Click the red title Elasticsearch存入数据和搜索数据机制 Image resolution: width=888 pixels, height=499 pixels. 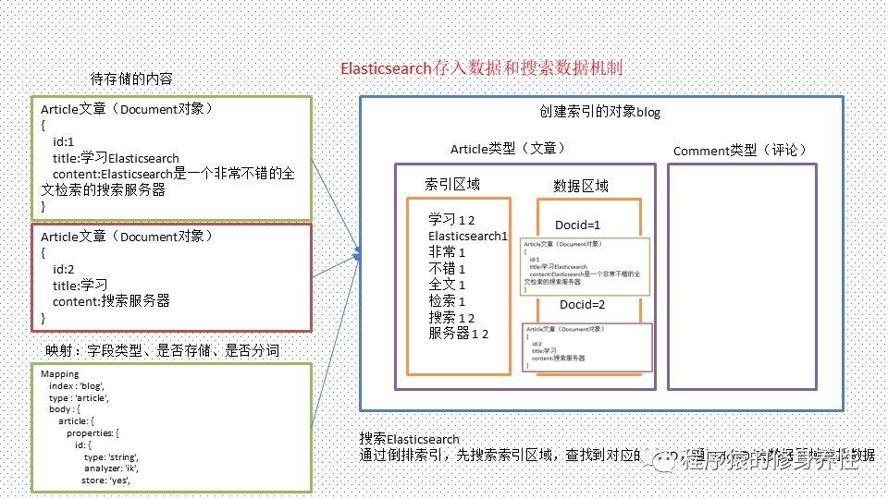487,69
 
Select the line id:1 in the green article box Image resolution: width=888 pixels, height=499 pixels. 65,142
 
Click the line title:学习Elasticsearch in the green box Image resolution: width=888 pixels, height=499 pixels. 117,158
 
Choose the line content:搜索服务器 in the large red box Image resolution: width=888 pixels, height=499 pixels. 112,301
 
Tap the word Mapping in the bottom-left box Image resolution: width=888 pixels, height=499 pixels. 61,373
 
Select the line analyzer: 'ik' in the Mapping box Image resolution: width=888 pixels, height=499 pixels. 111,469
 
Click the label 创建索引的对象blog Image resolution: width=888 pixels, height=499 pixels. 600,112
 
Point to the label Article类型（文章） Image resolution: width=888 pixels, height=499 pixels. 508,149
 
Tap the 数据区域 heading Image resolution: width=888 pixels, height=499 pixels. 581,186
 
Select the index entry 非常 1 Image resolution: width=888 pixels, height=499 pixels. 447,252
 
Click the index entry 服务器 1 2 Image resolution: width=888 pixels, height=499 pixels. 459,334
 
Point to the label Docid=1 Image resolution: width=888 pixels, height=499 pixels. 578,225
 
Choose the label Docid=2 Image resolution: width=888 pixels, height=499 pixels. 582,305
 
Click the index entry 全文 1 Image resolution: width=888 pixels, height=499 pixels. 447,285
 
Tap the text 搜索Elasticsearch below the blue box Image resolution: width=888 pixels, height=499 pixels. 410,439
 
